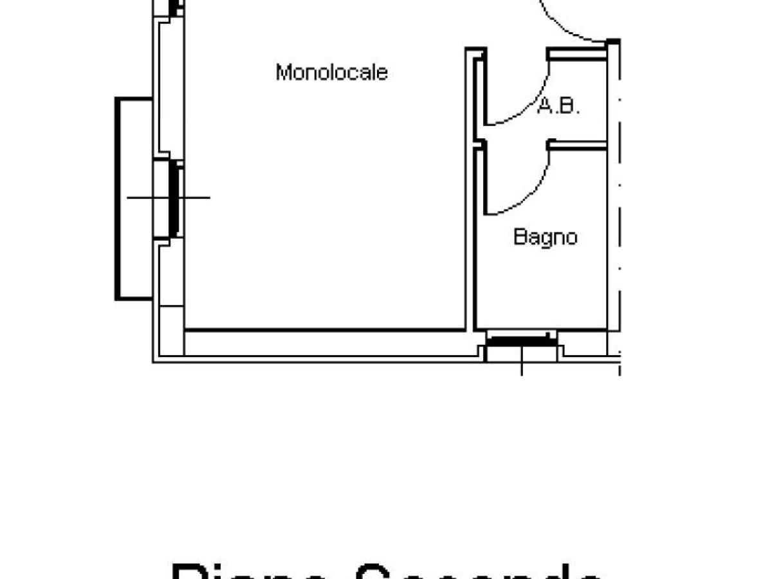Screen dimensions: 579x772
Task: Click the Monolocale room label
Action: coord(331,72)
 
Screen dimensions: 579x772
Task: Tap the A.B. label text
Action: coord(558,106)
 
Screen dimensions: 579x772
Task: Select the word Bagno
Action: coord(545,237)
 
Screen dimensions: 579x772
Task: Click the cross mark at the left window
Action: coord(169,198)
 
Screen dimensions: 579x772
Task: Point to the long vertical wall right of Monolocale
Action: coord(468,193)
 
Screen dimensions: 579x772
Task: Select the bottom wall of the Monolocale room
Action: coord(325,331)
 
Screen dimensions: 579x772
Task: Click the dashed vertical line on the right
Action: coord(620,193)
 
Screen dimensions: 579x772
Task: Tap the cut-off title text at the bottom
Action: coord(386,569)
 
